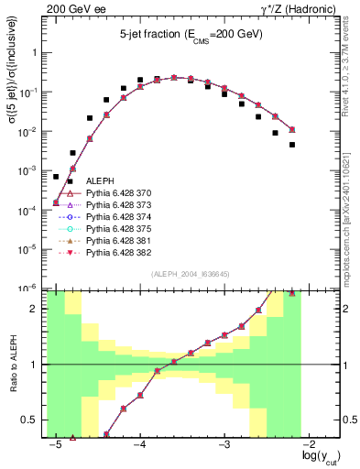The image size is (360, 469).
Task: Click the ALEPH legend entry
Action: [98, 180]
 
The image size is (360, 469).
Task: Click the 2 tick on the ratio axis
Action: [38, 309]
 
